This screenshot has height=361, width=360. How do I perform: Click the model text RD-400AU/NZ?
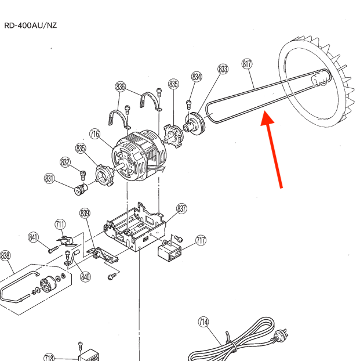30,25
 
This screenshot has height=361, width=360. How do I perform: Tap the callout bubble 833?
223,69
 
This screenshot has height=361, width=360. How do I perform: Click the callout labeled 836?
121,87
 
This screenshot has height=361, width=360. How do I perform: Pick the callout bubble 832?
65,162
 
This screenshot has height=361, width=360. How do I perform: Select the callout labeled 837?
182,208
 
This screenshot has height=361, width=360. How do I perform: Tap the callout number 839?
85,214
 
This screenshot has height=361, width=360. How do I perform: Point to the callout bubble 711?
60,224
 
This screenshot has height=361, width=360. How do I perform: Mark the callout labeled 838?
5,256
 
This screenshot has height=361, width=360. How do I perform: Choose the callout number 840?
86,276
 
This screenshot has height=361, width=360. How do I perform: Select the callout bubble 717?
201,240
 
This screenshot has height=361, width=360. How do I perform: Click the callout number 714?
203,322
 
